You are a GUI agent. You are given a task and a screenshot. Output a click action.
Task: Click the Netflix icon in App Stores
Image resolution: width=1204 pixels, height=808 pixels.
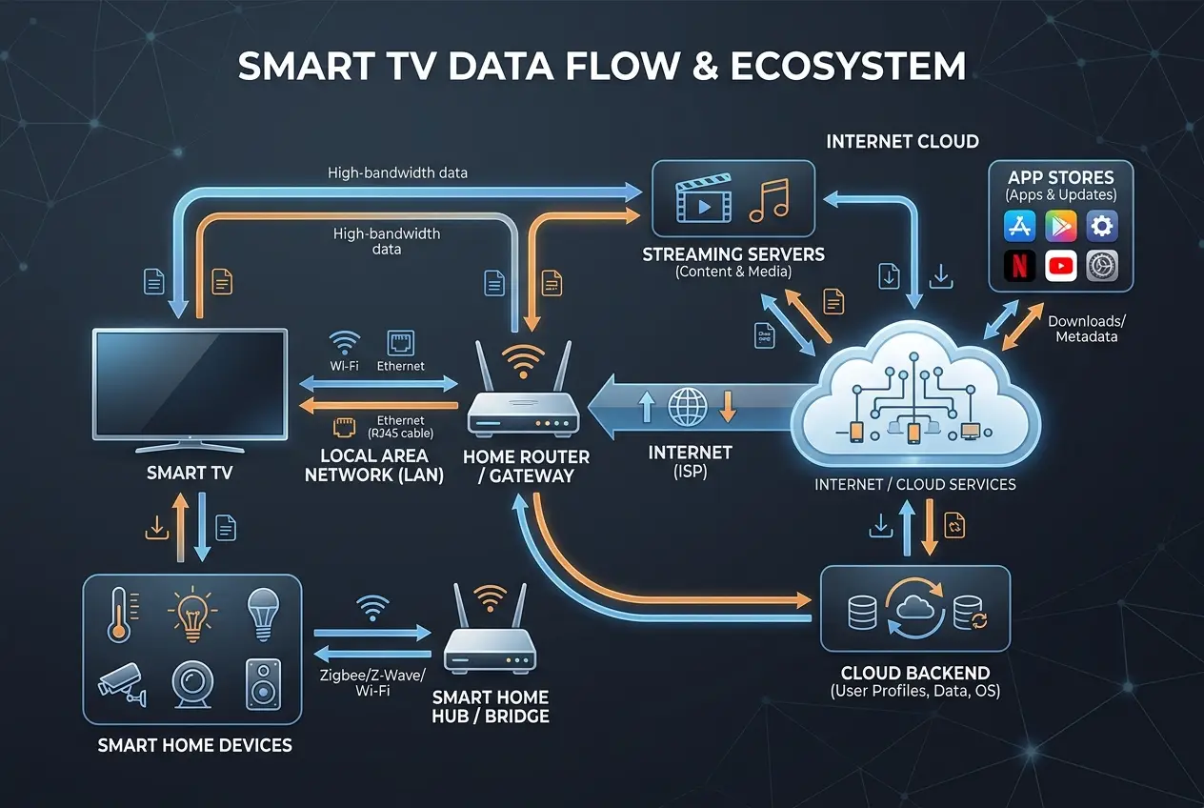pyautogui.click(x=1018, y=266)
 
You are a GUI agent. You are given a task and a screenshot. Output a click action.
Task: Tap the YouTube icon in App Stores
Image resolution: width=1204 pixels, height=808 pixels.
pyautogui.click(x=1060, y=266)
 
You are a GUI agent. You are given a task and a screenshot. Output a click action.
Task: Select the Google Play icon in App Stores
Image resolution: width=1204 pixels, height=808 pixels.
pyautogui.click(x=1060, y=226)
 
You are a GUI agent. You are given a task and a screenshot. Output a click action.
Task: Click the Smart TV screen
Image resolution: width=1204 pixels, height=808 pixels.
pyautogui.click(x=189, y=383)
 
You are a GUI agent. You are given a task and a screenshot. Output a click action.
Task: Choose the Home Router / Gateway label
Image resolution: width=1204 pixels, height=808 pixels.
pyautogui.click(x=526, y=466)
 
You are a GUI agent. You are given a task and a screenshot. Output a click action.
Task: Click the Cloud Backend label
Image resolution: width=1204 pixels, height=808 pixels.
pyautogui.click(x=914, y=673)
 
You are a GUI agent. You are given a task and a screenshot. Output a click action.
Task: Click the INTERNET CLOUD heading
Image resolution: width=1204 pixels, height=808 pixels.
pyautogui.click(x=902, y=142)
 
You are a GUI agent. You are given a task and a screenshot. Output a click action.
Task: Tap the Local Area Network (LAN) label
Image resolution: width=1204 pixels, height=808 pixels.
pyautogui.click(x=374, y=465)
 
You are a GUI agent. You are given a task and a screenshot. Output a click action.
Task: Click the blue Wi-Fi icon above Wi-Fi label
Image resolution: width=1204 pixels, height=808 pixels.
pyautogui.click(x=344, y=342)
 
